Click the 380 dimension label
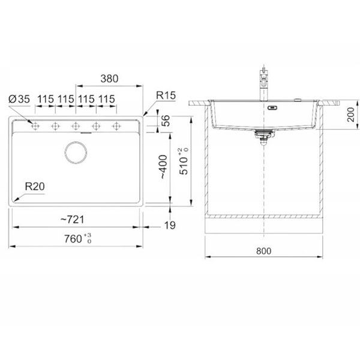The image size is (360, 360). pos(109,79)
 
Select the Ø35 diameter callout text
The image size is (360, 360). pos(19,99)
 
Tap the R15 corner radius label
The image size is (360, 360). pos(166,95)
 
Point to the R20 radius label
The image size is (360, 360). pos(35,187)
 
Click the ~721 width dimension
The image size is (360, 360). pos(73,220)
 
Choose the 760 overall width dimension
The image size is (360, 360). pos(77,239)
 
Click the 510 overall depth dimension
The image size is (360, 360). pos(184,161)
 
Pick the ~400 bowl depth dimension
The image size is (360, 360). pos(164,167)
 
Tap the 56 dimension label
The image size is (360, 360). pos(166,121)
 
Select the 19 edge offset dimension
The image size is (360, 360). pos(170,226)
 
